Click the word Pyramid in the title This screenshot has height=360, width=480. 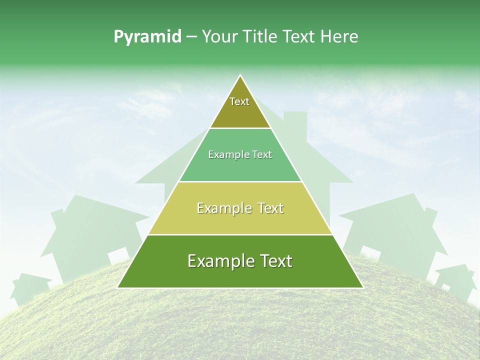pos(147,36)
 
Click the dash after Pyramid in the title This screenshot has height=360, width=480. pos(191,36)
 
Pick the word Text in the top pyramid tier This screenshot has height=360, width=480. pos(239,101)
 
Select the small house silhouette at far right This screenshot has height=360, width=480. pos(455,280)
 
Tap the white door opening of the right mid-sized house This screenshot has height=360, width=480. pos(369,252)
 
